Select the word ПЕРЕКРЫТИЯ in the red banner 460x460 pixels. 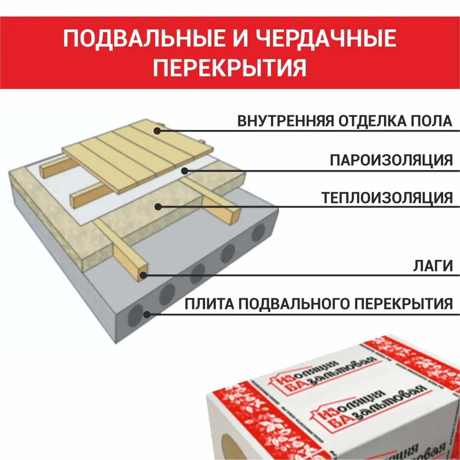230,69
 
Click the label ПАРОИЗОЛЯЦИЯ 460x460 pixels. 391,161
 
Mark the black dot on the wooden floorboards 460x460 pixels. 157,131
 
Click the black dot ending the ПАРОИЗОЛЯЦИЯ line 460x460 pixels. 184,171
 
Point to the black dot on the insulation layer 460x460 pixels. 158,207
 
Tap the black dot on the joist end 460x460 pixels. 144,276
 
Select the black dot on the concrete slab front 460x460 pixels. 147,315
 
